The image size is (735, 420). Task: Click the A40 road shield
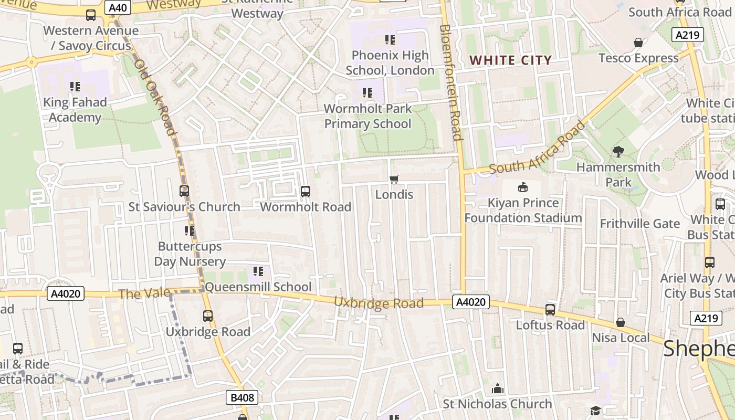pos(118,7)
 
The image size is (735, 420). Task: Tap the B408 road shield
pos(243,397)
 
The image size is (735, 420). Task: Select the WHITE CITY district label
pos(510,60)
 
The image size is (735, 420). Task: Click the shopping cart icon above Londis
pos(394,180)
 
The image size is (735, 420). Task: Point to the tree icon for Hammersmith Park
pos(618,152)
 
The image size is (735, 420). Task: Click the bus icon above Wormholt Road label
pos(306,192)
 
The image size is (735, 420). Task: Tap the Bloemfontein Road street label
pos(451,82)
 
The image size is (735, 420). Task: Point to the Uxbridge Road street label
pos(379,303)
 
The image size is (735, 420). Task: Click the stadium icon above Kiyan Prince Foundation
pos(522,187)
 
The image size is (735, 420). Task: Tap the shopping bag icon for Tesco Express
pos(638,43)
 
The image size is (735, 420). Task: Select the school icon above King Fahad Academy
pos(75,87)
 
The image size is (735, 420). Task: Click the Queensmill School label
pos(258,287)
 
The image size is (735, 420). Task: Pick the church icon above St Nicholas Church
pos(497,389)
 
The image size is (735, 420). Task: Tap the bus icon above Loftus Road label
pos(550,310)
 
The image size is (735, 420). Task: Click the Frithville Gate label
pos(639,224)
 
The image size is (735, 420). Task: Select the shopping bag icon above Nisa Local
pos(621,322)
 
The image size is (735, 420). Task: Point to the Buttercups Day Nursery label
pos(190,254)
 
